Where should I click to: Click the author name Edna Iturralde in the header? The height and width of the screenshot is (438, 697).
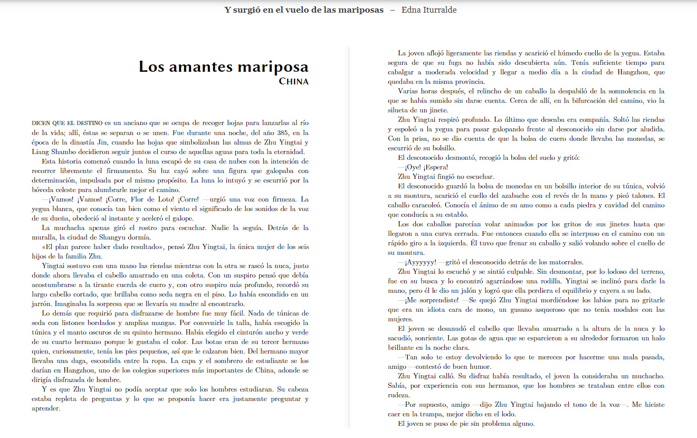(x=429, y=10)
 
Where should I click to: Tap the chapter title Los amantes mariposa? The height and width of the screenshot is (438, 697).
(x=224, y=67)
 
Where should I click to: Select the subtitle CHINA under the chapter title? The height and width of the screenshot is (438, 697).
(x=294, y=82)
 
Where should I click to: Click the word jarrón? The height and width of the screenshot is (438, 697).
(x=43, y=303)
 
